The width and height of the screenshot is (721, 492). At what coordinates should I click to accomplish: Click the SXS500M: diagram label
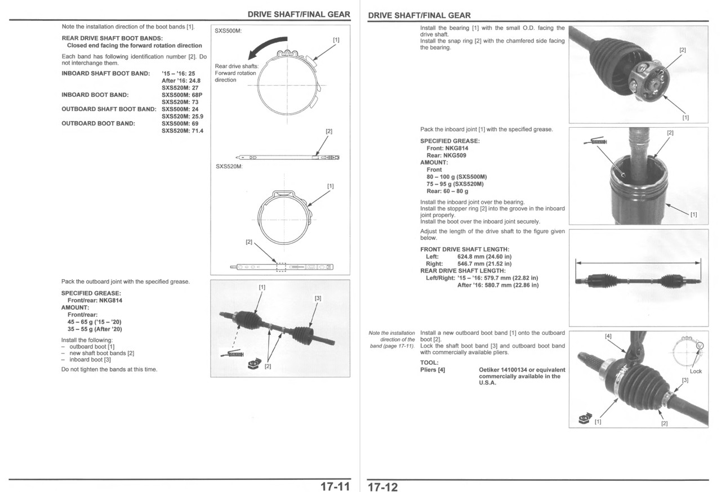pyautogui.click(x=229, y=31)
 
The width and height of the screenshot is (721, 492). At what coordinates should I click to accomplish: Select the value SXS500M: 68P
pyautogui.click(x=181, y=95)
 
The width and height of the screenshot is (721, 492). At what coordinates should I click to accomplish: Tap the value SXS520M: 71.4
pyautogui.click(x=183, y=131)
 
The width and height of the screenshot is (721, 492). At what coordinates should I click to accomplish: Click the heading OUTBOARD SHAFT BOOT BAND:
pyautogui.click(x=108, y=109)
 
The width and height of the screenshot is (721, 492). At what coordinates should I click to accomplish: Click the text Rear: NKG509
pyautogui.click(x=446, y=155)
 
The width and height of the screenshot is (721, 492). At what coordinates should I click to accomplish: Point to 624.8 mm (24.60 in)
pyautogui.click(x=484, y=257)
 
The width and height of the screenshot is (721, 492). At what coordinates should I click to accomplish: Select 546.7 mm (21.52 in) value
pyautogui.click(x=484, y=263)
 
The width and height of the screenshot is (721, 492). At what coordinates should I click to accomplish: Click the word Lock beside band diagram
pyautogui.click(x=696, y=372)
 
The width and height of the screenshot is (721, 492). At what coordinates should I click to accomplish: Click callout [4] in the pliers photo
pyautogui.click(x=608, y=336)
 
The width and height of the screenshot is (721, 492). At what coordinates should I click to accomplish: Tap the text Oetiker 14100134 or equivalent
pyautogui.click(x=522, y=370)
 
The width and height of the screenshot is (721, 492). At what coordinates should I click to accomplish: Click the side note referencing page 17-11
pyautogui.click(x=391, y=339)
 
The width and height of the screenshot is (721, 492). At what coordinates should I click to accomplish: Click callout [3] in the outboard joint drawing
pyautogui.click(x=318, y=298)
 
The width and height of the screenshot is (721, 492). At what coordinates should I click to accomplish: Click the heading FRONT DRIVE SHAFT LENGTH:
pyautogui.click(x=465, y=249)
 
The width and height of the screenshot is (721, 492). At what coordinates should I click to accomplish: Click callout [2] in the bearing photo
pyautogui.click(x=683, y=50)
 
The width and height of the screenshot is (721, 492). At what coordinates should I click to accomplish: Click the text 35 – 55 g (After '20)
pyautogui.click(x=95, y=329)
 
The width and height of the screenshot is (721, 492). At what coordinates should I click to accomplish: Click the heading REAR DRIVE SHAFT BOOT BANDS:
pyautogui.click(x=112, y=38)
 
